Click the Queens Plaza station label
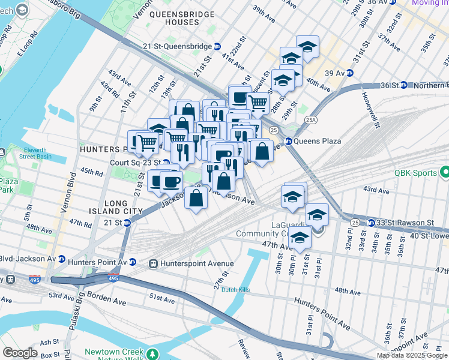point(317,142)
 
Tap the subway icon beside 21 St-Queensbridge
point(217,46)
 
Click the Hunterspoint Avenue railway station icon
point(153,263)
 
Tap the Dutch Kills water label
point(235,290)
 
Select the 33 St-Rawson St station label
point(405,223)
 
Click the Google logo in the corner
point(20,353)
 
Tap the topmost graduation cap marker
point(307,47)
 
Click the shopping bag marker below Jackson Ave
point(196,199)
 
